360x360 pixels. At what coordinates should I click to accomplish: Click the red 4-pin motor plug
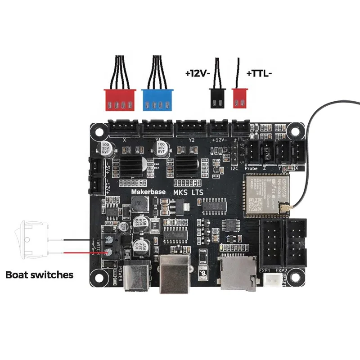point(120,99)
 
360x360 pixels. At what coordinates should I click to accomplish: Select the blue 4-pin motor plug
point(157,99)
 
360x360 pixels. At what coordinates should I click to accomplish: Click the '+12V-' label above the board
point(198,72)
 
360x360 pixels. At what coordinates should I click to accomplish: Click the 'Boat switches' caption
point(39,274)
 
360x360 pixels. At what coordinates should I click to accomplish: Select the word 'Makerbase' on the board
point(148,192)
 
